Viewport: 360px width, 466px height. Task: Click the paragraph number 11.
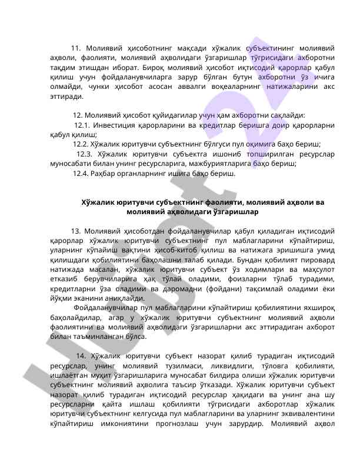[x=75, y=48]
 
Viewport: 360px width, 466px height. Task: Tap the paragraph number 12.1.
[x=82, y=125]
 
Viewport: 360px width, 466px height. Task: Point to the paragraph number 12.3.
[x=84, y=154]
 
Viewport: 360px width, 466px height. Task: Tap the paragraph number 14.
[x=81, y=356]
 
